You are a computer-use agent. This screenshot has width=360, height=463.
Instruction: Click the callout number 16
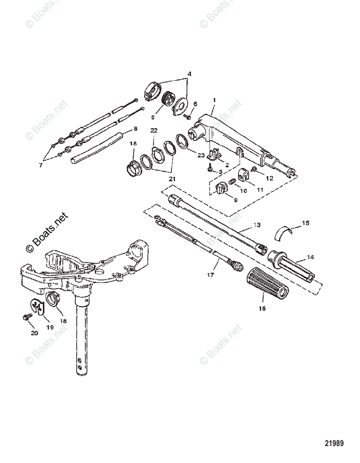(262, 308)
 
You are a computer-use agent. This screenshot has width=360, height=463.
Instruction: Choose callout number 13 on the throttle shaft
(257, 225)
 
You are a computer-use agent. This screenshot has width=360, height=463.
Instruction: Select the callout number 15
(306, 223)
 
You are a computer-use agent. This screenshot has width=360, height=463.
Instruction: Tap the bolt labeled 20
(27, 317)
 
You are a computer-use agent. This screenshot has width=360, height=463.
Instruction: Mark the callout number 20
(34, 333)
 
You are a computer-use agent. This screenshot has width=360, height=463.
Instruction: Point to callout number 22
(154, 131)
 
